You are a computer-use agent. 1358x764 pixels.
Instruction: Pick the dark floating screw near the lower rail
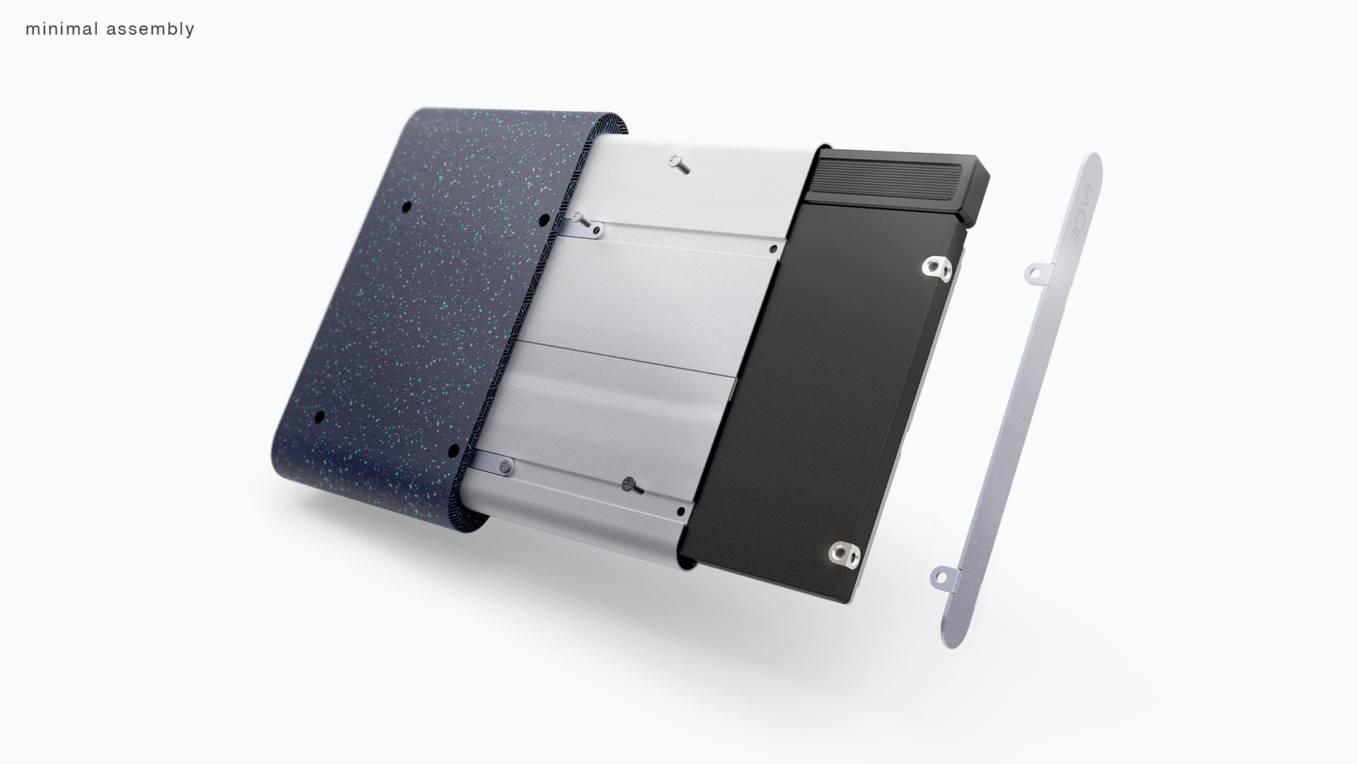[631, 485]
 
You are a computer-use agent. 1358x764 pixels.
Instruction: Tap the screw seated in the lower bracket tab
[505, 465]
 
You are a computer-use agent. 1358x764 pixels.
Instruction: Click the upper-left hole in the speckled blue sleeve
[407, 207]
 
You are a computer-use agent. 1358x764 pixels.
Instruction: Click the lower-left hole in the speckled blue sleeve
[319, 415]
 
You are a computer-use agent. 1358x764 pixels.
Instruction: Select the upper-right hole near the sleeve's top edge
[545, 218]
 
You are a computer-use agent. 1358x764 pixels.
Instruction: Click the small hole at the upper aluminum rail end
[774, 249]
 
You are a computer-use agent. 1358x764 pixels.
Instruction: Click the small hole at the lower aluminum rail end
[680, 510]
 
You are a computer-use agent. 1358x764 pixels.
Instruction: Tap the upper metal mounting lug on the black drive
[934, 267]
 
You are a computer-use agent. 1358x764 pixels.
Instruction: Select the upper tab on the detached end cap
[1036, 271]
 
